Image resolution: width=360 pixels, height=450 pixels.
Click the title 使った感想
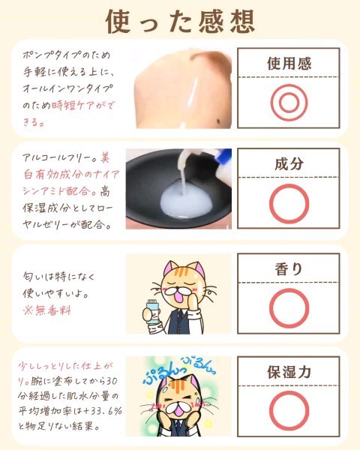[x=180, y=21]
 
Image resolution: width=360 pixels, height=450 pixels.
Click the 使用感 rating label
[x=289, y=63]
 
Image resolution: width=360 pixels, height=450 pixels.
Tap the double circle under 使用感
[x=289, y=103]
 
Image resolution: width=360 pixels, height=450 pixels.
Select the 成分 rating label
[x=289, y=163]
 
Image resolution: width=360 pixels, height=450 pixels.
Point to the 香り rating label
[x=289, y=269]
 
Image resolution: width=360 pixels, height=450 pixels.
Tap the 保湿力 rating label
[x=289, y=372]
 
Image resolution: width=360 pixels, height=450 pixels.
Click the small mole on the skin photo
[x=219, y=121]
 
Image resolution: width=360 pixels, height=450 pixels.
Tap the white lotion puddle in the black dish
[x=187, y=202]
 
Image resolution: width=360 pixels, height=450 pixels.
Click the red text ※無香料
[x=46, y=310]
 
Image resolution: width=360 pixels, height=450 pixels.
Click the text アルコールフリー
[x=58, y=157]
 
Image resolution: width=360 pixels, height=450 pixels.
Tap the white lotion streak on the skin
[x=192, y=94]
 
